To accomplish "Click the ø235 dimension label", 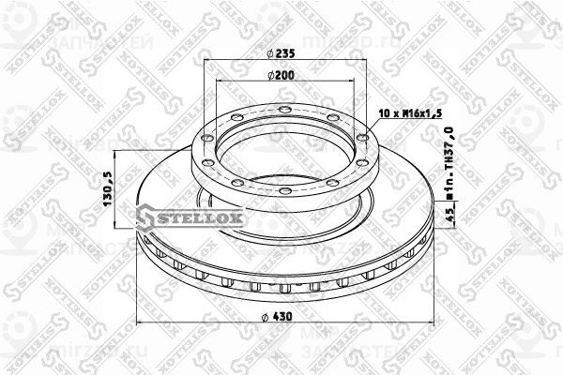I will (279, 53).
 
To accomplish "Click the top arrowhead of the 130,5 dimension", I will (114, 154).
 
